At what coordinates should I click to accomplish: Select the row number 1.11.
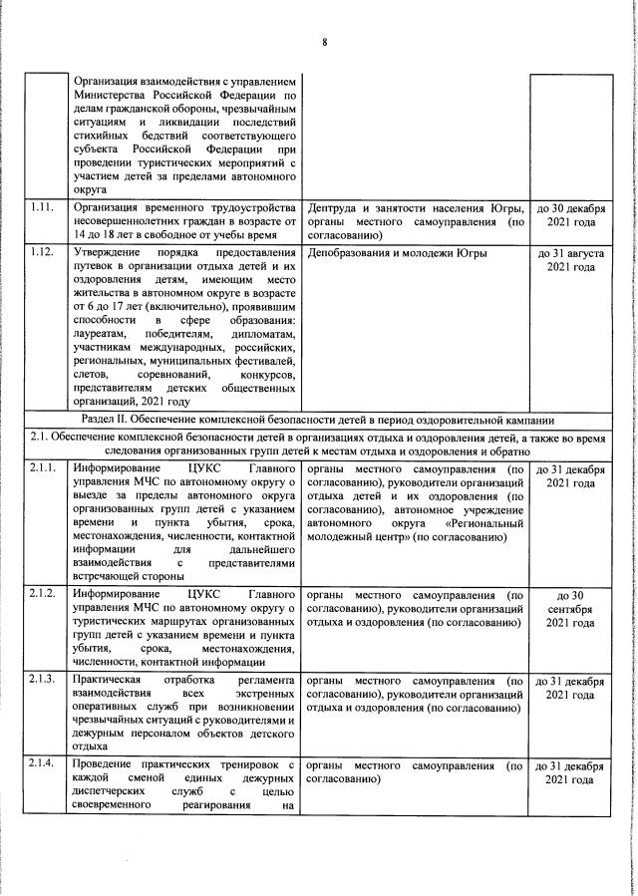tap(41, 207)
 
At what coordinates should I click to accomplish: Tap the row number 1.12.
tap(41, 254)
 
